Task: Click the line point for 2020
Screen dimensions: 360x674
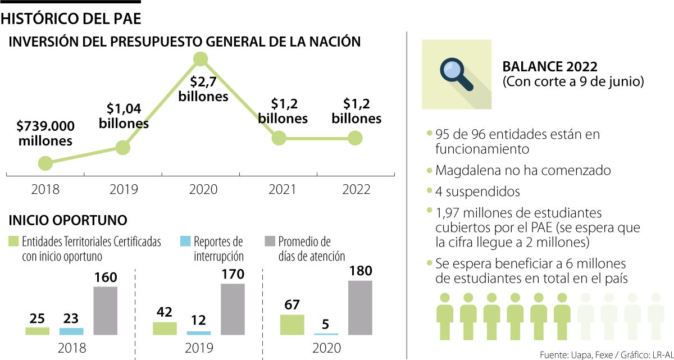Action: (201, 58)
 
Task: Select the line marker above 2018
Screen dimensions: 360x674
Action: (45, 163)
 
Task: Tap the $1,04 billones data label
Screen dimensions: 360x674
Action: (124, 116)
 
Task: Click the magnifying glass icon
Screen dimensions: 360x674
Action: (457, 74)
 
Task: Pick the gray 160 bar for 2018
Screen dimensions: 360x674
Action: (106, 311)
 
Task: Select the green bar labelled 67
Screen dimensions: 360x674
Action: (292, 325)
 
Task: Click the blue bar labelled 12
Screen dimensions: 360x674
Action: (199, 333)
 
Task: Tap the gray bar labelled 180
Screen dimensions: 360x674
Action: (360, 307)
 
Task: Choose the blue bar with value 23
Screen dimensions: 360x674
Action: (71, 331)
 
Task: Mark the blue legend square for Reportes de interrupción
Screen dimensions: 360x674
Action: (185, 241)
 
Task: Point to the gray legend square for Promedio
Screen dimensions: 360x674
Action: (270, 241)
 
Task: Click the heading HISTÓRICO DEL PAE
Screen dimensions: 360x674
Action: (71, 18)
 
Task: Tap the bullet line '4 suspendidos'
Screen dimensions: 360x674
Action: (477, 192)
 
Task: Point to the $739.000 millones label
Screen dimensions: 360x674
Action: (45, 133)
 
